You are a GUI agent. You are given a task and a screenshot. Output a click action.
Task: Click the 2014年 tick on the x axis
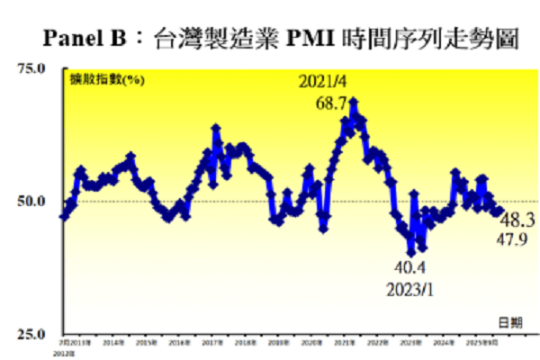pyautogui.click(x=113, y=342)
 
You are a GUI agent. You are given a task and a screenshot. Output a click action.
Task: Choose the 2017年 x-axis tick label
pyautogui.click(x=213, y=342)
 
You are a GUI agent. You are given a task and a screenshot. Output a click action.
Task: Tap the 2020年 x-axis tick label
pyautogui.click(x=311, y=342)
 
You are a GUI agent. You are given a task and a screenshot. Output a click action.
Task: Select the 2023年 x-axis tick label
pyautogui.click(x=410, y=342)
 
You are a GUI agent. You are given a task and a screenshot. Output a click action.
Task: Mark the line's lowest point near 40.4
pyautogui.click(x=411, y=253)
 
